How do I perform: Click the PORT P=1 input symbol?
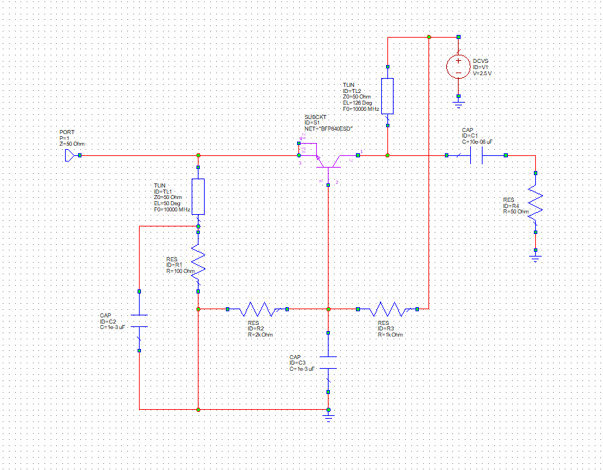70,155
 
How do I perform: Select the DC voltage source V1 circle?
459,66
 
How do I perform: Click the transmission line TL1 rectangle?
198,196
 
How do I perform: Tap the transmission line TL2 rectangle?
387,96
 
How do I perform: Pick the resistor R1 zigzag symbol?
198,259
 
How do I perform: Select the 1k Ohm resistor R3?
387,309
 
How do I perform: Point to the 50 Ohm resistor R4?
535,203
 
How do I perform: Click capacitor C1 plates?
476,156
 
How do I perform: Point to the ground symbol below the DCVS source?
459,103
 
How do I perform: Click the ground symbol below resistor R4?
535,257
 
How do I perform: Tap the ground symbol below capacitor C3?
329,414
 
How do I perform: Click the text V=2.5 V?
482,73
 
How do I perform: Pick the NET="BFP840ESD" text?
328,129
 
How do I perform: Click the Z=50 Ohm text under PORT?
73,144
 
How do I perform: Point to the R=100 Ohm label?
181,272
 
